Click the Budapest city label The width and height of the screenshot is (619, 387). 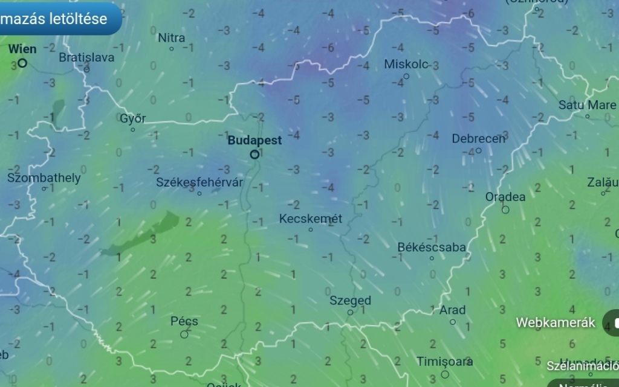[254, 140]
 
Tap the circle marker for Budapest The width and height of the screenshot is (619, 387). [254, 155]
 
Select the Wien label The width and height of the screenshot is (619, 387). [22, 49]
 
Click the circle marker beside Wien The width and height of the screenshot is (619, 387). [22, 62]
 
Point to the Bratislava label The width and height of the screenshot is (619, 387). [86, 57]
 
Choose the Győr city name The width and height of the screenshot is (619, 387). [132, 118]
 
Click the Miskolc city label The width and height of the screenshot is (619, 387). [406, 64]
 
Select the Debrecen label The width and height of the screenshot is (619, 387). [478, 139]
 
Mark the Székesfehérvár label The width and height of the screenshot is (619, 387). [199, 182]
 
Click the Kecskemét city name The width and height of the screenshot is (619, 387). [311, 219]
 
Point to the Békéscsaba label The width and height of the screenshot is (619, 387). [432, 247]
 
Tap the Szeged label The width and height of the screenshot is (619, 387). [350, 300]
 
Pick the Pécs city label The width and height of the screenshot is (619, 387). [184, 321]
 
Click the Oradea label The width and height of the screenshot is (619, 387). [505, 197]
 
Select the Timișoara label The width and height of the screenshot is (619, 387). [445, 362]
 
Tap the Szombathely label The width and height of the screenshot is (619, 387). [44, 178]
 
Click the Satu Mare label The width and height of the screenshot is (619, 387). [587, 105]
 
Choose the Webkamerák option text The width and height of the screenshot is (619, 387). [556, 322]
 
